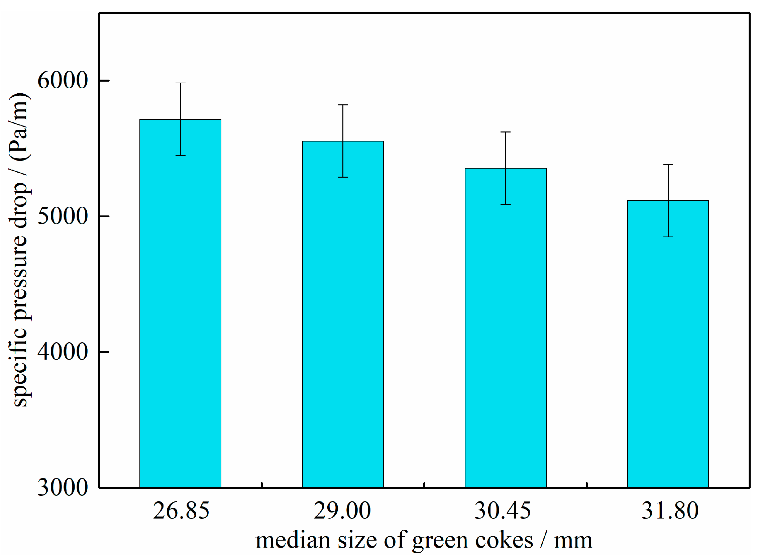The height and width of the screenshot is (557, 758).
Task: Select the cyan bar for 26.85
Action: [180, 303]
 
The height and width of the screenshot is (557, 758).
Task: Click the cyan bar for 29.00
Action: [343, 313]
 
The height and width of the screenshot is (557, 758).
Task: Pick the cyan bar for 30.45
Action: [506, 327]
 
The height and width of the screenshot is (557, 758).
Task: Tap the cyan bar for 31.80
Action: [668, 344]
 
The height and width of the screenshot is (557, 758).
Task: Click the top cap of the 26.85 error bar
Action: [180, 83]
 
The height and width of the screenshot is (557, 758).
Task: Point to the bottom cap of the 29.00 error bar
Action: [343, 177]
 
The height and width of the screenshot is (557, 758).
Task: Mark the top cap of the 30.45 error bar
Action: [506, 132]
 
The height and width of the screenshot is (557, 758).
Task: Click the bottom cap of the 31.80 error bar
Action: [668, 237]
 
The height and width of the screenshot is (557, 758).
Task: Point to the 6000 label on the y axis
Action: [62, 81]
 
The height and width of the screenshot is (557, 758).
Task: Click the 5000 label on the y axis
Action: [62, 216]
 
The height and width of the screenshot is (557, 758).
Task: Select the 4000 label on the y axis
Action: [62, 352]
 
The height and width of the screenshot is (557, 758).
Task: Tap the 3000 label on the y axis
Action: [62, 487]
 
